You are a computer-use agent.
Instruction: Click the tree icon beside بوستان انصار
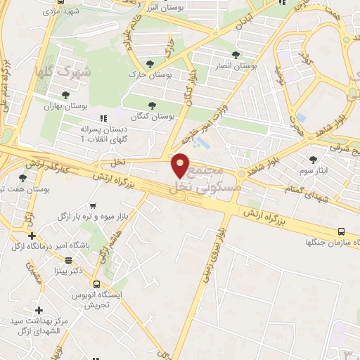(236, 54)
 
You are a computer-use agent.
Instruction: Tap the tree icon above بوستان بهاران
(66, 94)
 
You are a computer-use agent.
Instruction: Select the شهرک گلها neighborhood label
(63, 72)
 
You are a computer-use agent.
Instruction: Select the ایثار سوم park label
(314, 170)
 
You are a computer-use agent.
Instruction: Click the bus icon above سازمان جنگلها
(342, 231)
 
